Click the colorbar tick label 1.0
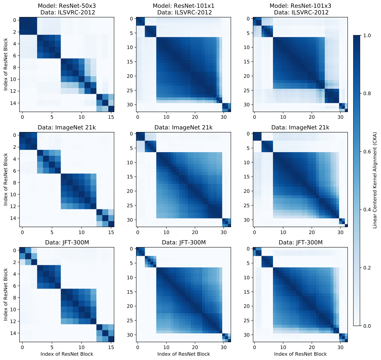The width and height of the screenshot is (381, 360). (x=367, y=35)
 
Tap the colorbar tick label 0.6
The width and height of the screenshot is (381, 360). (x=367, y=152)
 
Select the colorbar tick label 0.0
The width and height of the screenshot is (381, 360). (x=367, y=326)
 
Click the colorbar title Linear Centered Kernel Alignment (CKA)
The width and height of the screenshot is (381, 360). (x=375, y=180)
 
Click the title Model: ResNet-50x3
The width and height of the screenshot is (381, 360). (x=67, y=6)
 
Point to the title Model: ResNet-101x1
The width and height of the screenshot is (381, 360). (x=183, y=6)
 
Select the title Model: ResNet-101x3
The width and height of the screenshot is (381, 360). (x=300, y=6)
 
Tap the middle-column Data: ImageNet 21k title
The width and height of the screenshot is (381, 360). (x=183, y=127)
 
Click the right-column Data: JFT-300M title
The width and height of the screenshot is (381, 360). (x=300, y=242)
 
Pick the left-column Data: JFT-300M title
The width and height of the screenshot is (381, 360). (x=67, y=242)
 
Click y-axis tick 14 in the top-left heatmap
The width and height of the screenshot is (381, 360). (x=13, y=103)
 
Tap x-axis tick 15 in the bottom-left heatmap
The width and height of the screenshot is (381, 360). (x=111, y=347)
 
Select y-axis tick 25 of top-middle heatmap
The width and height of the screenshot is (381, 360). (x=130, y=91)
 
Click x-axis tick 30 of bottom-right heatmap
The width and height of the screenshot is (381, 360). (x=340, y=347)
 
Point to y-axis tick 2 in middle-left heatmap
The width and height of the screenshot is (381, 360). (x=15, y=147)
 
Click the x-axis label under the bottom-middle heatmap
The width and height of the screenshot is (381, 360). (x=184, y=354)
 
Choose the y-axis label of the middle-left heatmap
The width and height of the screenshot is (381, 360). (x=5, y=180)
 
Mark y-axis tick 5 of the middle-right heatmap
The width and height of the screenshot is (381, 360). (x=248, y=148)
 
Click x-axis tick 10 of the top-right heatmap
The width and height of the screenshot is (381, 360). (x=283, y=117)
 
